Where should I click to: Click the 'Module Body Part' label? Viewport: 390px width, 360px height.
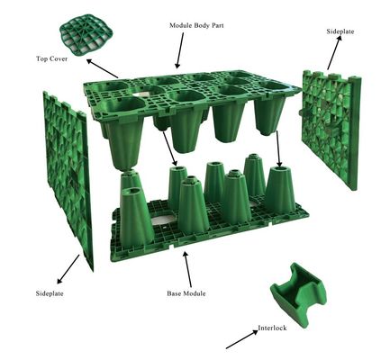tap(196, 25)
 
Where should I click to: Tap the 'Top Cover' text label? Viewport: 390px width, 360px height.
tap(51, 58)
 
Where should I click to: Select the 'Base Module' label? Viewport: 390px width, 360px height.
tap(186, 293)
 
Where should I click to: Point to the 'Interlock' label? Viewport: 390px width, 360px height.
tap(272, 328)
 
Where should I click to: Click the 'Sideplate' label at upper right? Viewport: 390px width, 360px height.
tap(340, 31)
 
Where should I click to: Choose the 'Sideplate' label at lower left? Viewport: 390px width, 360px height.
tap(50, 293)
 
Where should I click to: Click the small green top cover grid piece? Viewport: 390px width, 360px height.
tap(83, 35)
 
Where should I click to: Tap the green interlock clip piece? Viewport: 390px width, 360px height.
tap(297, 294)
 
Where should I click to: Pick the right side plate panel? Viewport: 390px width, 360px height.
tap(331, 129)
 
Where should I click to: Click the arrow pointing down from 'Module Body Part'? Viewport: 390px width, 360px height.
tap(180, 50)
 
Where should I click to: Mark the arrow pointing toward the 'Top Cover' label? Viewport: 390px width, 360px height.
tap(102, 68)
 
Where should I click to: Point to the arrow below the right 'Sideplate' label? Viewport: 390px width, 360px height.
tap(334, 53)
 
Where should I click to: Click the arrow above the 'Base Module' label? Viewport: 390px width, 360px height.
tap(187, 269)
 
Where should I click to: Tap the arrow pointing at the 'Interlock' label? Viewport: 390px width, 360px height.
tap(242, 339)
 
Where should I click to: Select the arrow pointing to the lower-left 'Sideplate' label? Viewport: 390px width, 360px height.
tap(68, 269)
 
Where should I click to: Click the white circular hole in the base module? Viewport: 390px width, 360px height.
tap(164, 220)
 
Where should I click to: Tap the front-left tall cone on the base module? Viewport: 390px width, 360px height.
tap(133, 218)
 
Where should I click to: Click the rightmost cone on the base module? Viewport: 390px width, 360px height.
tap(280, 190)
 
